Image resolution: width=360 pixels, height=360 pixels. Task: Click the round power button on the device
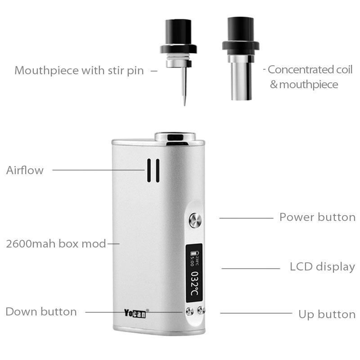(x=195, y=220)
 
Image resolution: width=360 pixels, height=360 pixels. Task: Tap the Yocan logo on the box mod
(x=135, y=313)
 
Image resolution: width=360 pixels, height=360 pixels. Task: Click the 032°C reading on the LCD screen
(x=194, y=284)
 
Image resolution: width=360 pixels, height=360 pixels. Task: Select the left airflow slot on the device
(x=149, y=171)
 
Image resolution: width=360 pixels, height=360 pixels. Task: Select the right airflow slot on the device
(x=157, y=171)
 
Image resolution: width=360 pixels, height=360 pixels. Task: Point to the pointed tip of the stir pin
(x=184, y=105)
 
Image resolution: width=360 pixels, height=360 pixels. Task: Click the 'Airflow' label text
(x=25, y=170)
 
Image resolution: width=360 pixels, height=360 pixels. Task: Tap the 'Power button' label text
(x=318, y=217)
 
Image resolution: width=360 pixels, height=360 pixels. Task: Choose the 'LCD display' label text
(x=322, y=267)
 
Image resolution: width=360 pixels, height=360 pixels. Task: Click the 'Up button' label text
(x=327, y=314)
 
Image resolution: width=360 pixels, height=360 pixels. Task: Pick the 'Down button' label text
(x=41, y=311)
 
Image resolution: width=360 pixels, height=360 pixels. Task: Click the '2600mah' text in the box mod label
(x=31, y=243)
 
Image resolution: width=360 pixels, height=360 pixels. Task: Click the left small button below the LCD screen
(x=189, y=311)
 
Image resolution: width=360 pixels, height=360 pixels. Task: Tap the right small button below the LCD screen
(x=201, y=310)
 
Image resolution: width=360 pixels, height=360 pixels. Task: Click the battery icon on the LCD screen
(x=193, y=253)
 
